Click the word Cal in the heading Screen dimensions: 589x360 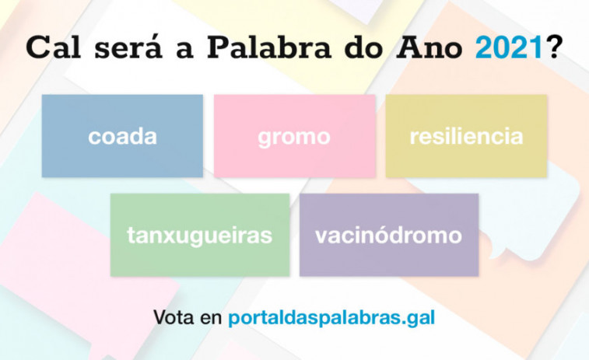coord(54,47)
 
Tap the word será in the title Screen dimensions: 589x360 coord(128,47)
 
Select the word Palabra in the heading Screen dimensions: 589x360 coord(269,47)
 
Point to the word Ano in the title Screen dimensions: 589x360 coord(429,47)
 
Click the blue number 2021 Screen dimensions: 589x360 coord(509,47)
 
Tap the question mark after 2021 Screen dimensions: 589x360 coord(553,47)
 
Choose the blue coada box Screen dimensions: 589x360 coord(122,136)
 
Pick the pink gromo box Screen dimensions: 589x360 coord(295,136)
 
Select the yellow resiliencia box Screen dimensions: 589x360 coord(466,136)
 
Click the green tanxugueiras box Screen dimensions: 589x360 coord(200,235)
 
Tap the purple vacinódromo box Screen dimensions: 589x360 coord(389,235)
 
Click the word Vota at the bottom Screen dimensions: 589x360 coord(174,317)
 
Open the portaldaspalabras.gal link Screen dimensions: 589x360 coord(331,318)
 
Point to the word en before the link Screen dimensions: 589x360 coord(211,319)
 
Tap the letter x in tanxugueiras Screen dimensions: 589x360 coord(173,236)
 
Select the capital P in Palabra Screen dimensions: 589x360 coord(220,47)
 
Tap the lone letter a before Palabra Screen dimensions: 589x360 coord(185,51)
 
